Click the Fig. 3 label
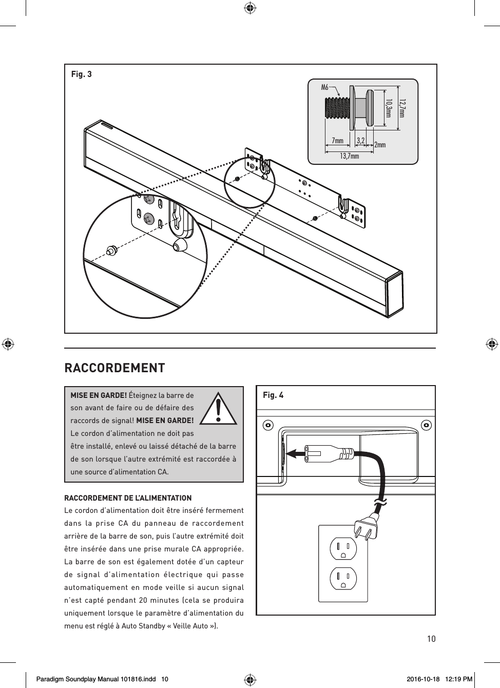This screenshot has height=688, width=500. pyautogui.click(x=81, y=74)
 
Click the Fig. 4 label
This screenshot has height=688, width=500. pyautogui.click(x=273, y=395)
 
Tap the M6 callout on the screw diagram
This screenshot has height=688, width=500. pyautogui.click(x=324, y=87)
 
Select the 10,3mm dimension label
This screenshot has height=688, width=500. pyautogui.click(x=389, y=108)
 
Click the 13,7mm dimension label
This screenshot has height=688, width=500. pyautogui.click(x=349, y=156)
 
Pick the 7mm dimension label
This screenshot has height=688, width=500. pyautogui.click(x=337, y=141)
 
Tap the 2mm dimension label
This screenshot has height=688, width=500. pyautogui.click(x=380, y=145)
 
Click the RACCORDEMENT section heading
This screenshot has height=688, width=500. pyautogui.click(x=114, y=368)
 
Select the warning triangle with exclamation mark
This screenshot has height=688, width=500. pyautogui.click(x=219, y=409)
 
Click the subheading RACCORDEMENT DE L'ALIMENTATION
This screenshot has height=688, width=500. pyautogui.click(x=127, y=498)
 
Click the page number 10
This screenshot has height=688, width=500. pyautogui.click(x=431, y=639)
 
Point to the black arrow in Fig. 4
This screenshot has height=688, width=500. pyautogui.click(x=298, y=453)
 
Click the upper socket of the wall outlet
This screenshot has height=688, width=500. pyautogui.click(x=343, y=548)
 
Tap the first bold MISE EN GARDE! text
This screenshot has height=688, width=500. pyautogui.click(x=99, y=395)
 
